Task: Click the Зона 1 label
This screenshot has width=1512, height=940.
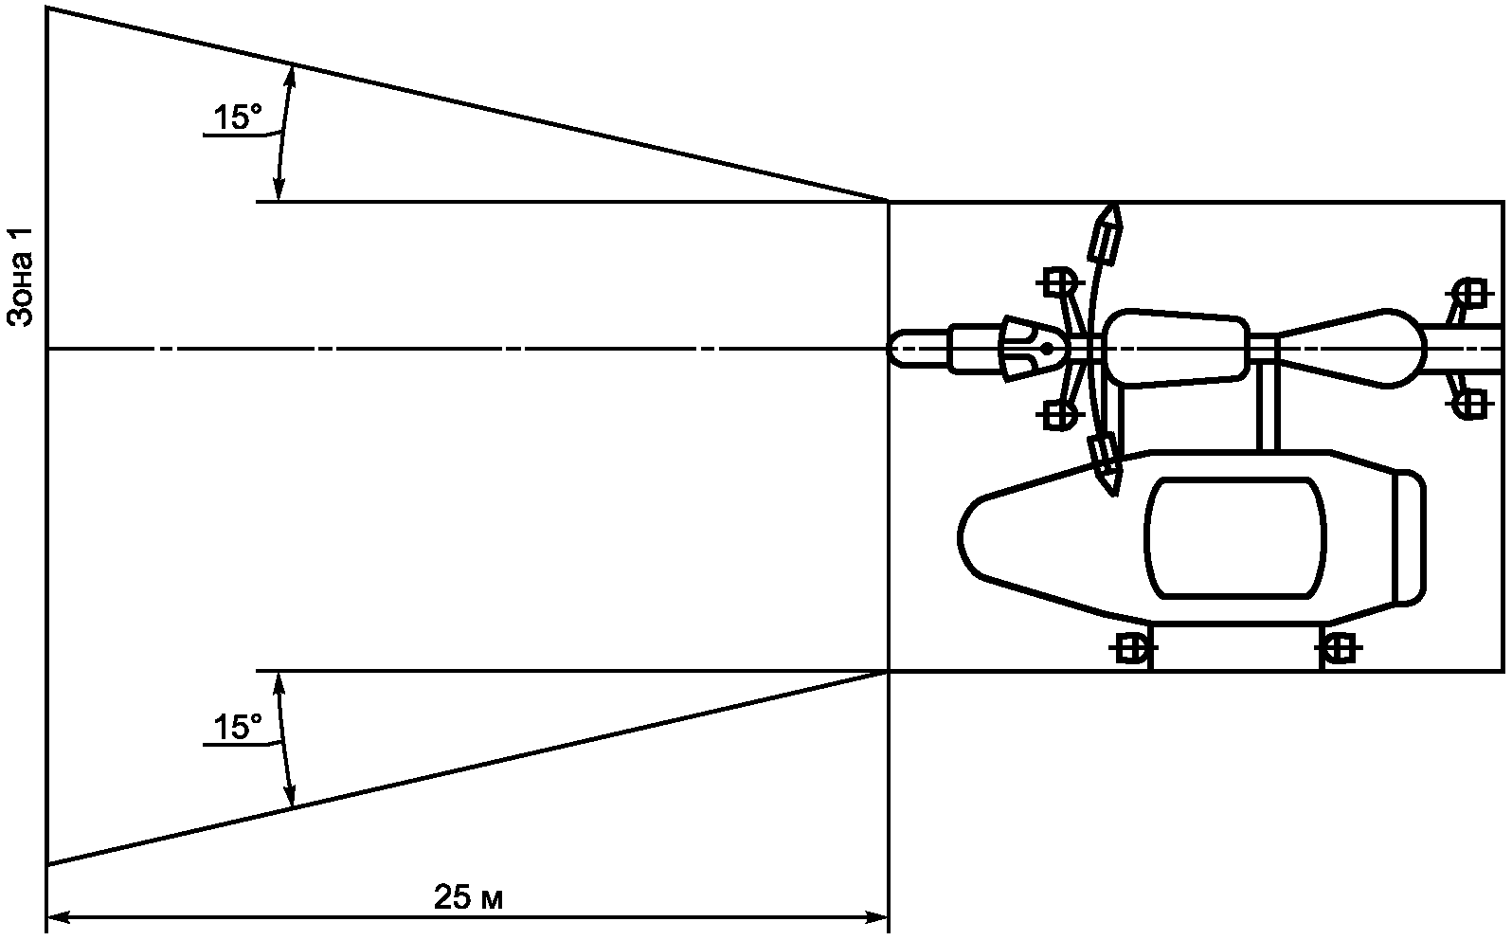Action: coord(21,277)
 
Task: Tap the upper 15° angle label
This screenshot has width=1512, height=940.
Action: coord(236,118)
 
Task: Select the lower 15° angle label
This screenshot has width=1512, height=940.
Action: coord(236,728)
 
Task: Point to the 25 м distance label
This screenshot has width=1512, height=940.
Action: coord(468,896)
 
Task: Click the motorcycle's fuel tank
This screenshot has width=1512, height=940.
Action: coord(1176,349)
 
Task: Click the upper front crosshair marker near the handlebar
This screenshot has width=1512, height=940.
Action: coord(1058,281)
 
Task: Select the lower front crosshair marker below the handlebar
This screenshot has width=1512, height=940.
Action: coord(1058,414)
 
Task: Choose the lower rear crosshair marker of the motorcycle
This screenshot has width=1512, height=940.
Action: coord(1470,405)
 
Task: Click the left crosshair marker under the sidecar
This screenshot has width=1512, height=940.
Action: coord(1129,649)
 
